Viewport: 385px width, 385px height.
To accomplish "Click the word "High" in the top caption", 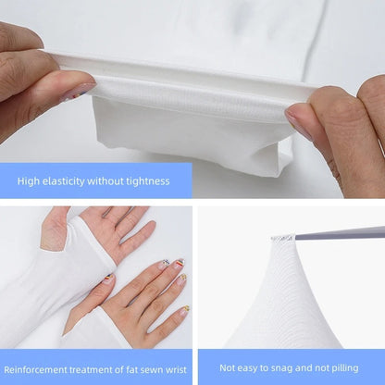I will point(28,181).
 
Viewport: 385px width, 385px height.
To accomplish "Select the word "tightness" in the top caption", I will point(144,181).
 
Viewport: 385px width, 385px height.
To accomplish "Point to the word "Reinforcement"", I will point(35,366).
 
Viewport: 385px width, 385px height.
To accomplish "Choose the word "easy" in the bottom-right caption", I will point(244,366).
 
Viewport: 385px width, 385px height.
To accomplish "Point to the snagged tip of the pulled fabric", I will point(282,239).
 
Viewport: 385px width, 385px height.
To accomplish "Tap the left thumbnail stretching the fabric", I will point(78,91).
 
